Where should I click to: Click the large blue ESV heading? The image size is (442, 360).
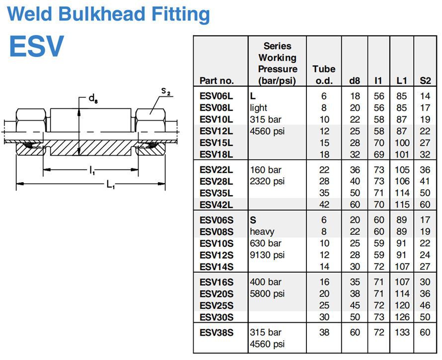click(x=36, y=46)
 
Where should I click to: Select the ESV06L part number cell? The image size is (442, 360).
click(x=216, y=96)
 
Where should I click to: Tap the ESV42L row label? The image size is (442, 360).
click(x=216, y=204)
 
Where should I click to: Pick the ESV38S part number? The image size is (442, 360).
click(x=216, y=332)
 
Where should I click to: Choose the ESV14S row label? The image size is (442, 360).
click(x=216, y=267)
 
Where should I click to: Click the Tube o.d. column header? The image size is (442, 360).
click(x=324, y=74)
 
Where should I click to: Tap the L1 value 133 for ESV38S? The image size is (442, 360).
click(x=401, y=332)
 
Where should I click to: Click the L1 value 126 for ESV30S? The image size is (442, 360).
click(x=401, y=317)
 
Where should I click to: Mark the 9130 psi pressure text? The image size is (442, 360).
click(x=267, y=255)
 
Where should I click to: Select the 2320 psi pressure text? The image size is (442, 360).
click(x=267, y=181)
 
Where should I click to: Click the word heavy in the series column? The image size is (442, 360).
click(x=262, y=231)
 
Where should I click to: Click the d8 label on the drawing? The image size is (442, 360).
click(x=93, y=98)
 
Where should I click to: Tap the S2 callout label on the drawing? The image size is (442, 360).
click(x=166, y=91)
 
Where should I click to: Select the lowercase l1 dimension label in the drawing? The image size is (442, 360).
click(x=92, y=171)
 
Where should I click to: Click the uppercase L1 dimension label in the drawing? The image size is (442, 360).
click(x=110, y=185)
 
